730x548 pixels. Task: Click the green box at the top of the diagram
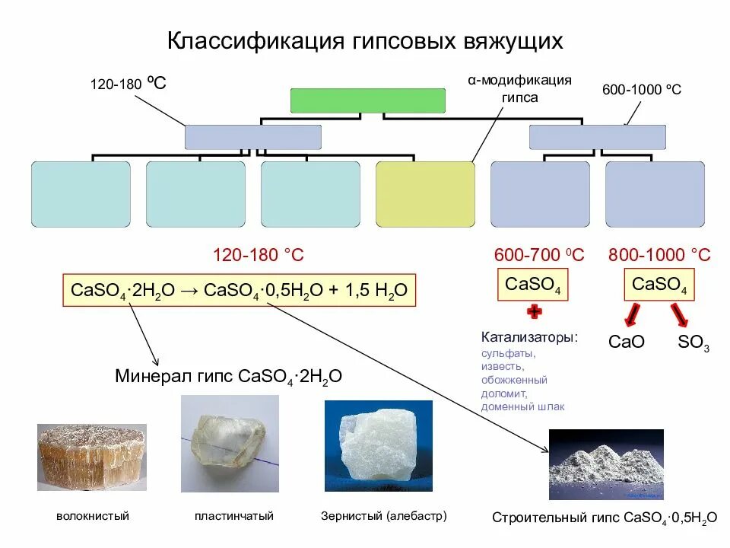point(368,100)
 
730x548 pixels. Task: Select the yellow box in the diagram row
point(425,194)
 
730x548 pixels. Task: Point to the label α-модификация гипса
point(519,88)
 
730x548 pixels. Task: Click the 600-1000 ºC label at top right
point(642,90)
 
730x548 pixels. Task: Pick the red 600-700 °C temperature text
point(539,255)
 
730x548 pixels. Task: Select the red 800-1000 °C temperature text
point(659,255)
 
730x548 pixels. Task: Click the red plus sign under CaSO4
point(534,311)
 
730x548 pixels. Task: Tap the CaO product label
point(627,342)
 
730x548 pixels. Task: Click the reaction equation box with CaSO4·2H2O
point(240,291)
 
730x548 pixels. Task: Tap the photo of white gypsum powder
point(606,464)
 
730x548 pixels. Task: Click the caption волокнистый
point(93,516)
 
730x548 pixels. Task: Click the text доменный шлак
point(523,407)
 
